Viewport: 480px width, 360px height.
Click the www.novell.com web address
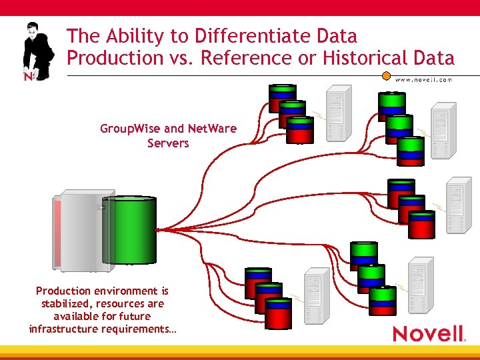[423, 79]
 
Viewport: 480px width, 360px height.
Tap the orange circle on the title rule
[386, 75]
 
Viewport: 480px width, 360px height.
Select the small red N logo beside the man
[28, 76]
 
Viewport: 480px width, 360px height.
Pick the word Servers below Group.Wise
[168, 143]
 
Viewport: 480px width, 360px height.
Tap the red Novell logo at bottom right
[428, 333]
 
